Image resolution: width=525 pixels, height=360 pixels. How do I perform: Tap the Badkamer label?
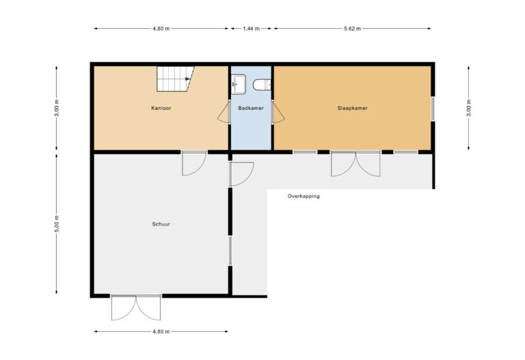click(x=251, y=109)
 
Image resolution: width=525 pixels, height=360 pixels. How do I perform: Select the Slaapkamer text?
click(x=353, y=109)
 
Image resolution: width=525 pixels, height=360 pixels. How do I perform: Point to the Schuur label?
click(x=161, y=223)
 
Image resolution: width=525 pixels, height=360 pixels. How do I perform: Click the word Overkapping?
click(x=304, y=196)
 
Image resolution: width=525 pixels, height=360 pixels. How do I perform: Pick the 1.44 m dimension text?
click(x=251, y=29)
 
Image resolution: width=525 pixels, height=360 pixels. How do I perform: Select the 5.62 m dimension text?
click(x=353, y=29)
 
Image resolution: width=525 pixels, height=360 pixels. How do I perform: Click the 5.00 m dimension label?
click(x=57, y=224)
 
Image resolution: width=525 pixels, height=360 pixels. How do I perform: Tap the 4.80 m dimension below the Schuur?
click(x=161, y=331)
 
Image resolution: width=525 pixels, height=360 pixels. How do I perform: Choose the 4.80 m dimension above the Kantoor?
click(x=161, y=29)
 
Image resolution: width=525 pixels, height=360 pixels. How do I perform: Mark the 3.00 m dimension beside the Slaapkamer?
click(x=468, y=108)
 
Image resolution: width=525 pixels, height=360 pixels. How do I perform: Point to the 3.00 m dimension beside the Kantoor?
click(x=57, y=108)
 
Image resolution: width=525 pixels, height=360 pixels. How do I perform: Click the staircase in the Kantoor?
click(x=174, y=78)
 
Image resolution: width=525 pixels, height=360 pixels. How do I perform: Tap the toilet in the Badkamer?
click(x=262, y=85)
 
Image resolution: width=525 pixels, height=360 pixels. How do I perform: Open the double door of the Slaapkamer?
click(x=355, y=164)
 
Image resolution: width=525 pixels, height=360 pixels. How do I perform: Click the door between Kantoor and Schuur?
click(x=193, y=163)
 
